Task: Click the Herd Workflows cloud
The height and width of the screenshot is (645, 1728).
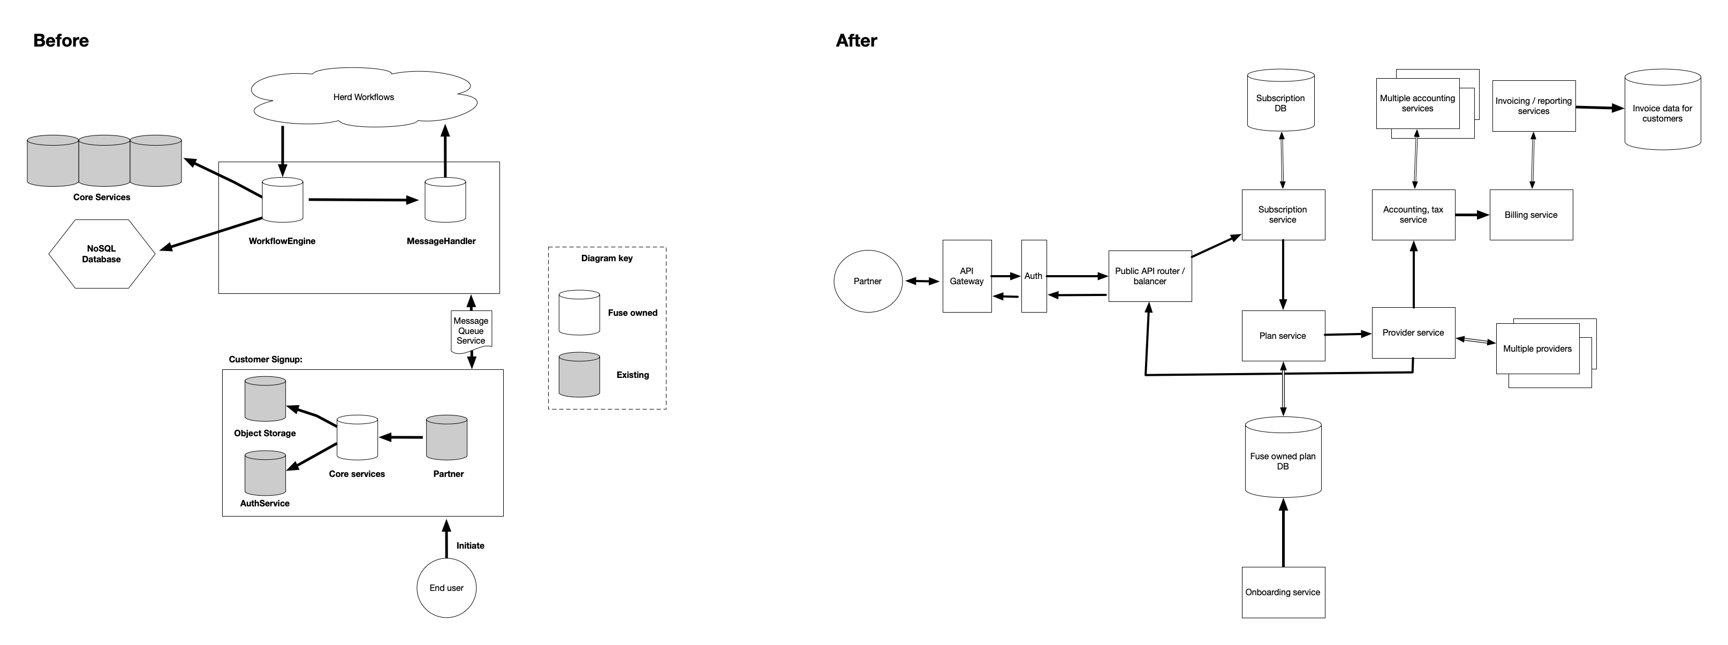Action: tap(363, 98)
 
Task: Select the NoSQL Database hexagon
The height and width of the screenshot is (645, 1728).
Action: tap(101, 254)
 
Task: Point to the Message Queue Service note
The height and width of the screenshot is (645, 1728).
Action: tap(471, 331)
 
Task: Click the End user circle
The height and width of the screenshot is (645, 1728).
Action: tap(446, 588)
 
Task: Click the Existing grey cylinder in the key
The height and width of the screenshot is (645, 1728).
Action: tap(579, 375)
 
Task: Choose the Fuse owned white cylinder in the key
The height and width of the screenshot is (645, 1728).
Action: tap(579, 313)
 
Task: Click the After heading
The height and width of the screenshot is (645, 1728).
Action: tap(856, 41)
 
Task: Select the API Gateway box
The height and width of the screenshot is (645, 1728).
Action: tap(967, 276)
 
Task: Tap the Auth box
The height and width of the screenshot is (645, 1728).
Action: tap(1033, 276)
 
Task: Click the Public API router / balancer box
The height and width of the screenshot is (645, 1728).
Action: tap(1150, 276)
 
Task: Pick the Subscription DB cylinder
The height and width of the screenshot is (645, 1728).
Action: tap(1280, 101)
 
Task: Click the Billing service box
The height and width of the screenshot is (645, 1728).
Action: tap(1531, 215)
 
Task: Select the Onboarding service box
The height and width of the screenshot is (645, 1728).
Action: tap(1283, 593)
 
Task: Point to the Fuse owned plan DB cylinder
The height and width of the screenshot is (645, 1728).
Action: tap(1283, 459)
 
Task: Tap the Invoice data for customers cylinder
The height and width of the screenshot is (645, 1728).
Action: tap(1662, 111)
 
